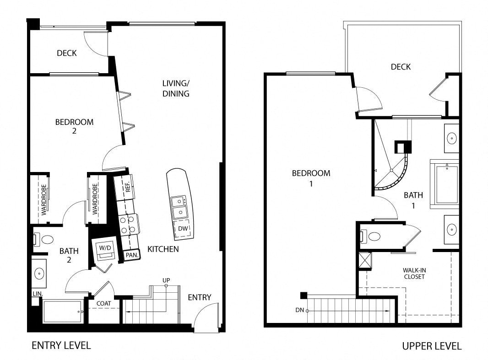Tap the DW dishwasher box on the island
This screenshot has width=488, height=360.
coord(183,229)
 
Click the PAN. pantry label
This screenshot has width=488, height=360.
coord(132,255)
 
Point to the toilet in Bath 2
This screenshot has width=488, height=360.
coord(43,240)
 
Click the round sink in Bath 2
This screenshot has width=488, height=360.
coord(39,274)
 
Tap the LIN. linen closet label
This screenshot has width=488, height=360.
coord(38,294)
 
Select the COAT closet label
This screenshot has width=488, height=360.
coord(103,303)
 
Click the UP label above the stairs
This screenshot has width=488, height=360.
coord(166,280)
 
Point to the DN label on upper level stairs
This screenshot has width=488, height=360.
coord(300,310)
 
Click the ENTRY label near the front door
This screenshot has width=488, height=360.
coord(200,297)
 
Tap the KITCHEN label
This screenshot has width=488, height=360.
coord(163,249)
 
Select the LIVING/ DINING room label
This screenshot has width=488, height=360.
coord(176,88)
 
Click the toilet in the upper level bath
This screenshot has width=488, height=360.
coord(370,236)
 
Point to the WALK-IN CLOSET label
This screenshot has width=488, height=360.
coord(414,274)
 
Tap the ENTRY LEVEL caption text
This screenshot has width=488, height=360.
coord(61,345)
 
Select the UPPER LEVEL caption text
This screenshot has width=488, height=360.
coord(432,346)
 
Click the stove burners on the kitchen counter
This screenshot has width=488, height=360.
coord(128,225)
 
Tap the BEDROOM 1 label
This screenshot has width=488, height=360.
coord(311,178)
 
